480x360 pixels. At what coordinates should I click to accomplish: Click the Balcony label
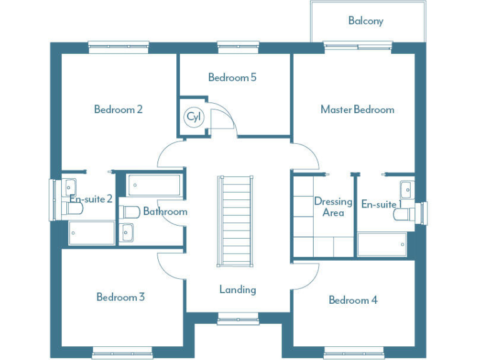point(366,21)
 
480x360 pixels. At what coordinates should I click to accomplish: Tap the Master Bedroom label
point(357,109)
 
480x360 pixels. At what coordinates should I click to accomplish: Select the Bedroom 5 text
point(232,77)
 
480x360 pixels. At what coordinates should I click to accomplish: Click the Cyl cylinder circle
point(192,117)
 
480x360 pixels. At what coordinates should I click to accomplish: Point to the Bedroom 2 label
point(118,109)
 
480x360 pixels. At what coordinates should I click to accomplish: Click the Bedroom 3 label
point(120,297)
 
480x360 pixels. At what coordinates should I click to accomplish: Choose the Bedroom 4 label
point(352,300)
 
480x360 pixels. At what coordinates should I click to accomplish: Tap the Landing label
point(237,289)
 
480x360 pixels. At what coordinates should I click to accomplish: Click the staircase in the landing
point(237,219)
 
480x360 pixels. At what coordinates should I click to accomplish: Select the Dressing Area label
point(333,207)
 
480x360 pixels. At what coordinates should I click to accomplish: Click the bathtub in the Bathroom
point(154,186)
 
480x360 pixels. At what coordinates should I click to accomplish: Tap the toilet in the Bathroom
point(129,211)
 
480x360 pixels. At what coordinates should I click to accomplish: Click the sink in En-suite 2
point(69,186)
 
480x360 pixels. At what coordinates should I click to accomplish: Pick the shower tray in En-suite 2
point(91,233)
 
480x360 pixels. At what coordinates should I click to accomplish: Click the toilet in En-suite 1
point(403,214)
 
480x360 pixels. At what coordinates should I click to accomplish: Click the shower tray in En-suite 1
point(382,244)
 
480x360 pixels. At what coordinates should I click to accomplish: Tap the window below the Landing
point(237,320)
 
